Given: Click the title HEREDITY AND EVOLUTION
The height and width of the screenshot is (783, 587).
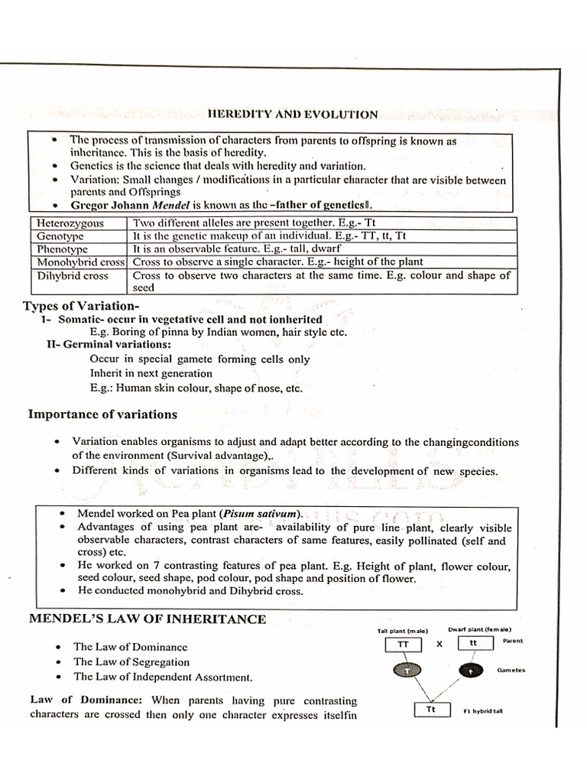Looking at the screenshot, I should [293, 115].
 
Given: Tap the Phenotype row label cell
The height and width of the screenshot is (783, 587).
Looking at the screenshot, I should [63, 249].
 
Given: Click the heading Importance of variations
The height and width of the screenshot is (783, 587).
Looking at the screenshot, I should [102, 414].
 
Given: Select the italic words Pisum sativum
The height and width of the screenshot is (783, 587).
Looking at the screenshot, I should [258, 513].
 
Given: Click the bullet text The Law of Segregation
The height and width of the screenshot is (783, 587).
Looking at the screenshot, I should [131, 662].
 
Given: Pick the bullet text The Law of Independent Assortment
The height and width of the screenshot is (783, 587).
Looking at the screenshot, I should [163, 677].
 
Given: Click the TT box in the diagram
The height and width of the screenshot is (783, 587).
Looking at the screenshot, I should [404, 645].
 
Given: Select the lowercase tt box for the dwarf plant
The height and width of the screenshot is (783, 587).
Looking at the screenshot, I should [474, 644].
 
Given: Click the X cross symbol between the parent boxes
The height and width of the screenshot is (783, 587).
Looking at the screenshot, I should [439, 645].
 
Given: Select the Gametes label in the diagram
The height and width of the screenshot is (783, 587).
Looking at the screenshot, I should [511, 670].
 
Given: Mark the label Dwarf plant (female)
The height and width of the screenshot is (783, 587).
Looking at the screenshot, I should [479, 629].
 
